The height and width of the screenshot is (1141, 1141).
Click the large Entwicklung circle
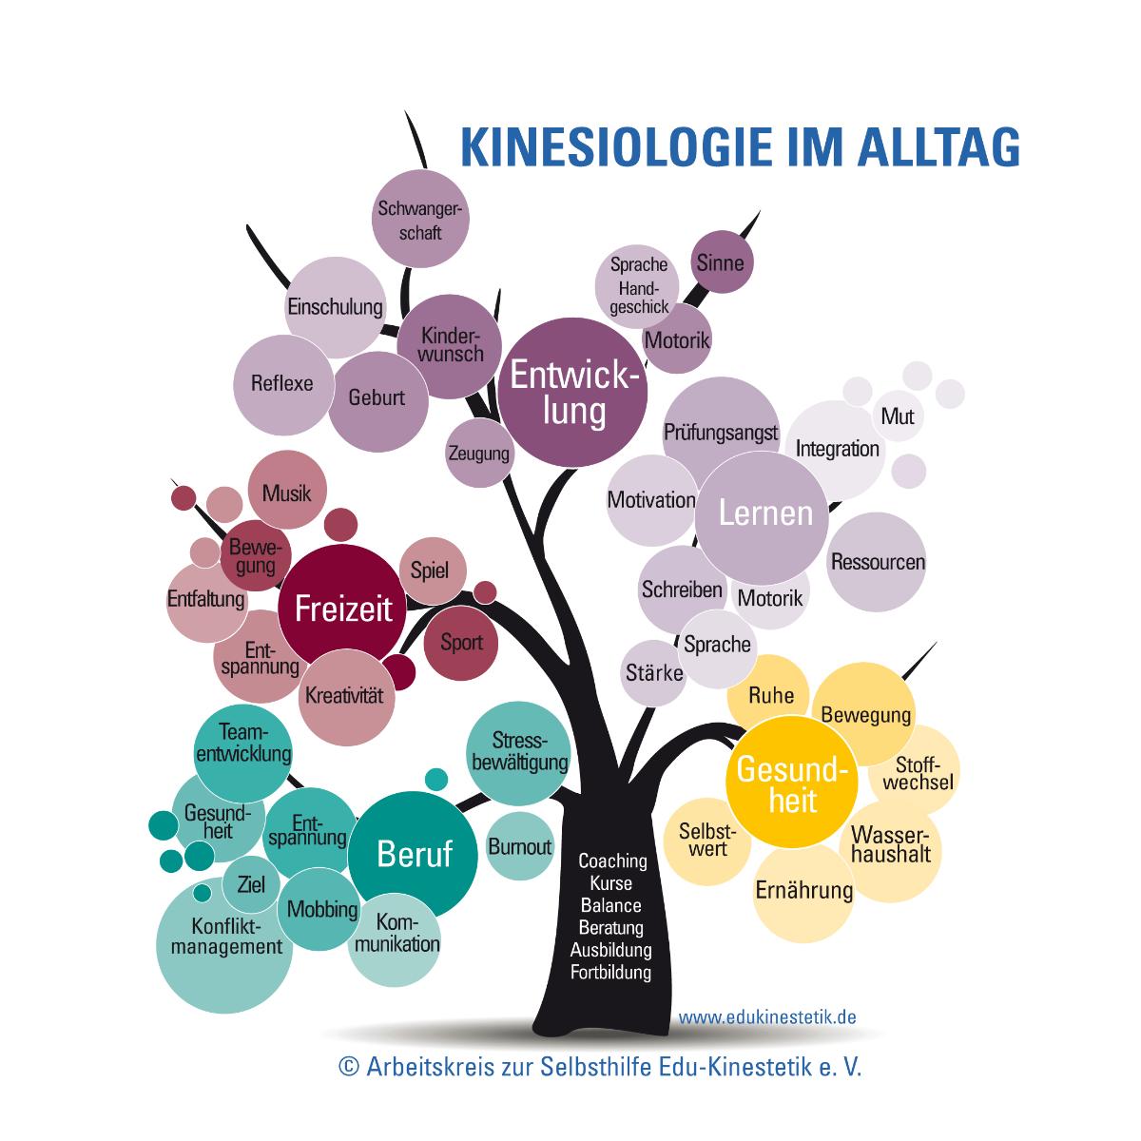click(572, 392)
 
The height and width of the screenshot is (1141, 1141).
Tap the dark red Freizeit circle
click(343, 609)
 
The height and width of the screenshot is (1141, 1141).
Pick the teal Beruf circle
click(413, 855)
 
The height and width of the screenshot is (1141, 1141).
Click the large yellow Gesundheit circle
click(792, 783)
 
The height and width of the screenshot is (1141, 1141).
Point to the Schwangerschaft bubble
click(420, 219)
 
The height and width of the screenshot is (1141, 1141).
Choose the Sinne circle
click(723, 261)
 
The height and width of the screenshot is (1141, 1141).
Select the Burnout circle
click(520, 847)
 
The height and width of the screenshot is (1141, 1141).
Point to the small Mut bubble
click(898, 416)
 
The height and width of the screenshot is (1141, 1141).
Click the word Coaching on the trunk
click(612, 861)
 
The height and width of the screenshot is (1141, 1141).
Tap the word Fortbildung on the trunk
click(611, 973)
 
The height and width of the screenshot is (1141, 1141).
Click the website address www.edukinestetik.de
click(766, 1017)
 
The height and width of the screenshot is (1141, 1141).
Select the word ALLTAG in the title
click(938, 146)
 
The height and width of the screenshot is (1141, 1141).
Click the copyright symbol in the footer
click(349, 1067)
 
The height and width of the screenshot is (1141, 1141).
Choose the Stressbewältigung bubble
click(519, 753)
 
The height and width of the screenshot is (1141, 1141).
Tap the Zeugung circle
click(479, 454)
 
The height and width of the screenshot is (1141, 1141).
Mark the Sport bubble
click(460, 643)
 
